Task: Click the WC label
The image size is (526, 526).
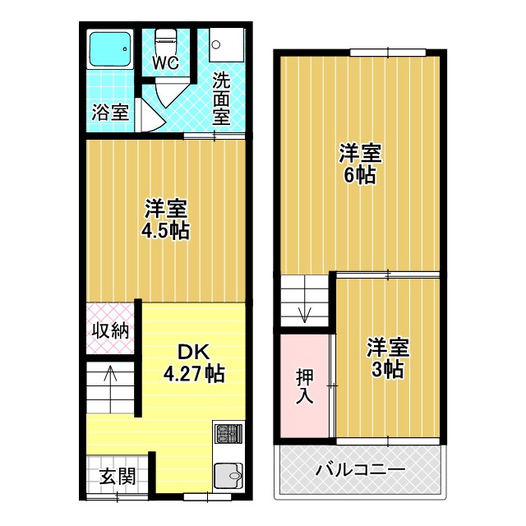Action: point(165,62)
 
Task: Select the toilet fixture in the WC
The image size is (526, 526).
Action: point(166,40)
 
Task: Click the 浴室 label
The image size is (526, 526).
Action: point(110,113)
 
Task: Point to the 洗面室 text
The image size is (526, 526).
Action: point(221,99)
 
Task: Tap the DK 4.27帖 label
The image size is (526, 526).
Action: point(194,362)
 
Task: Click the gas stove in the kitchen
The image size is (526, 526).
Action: point(228,433)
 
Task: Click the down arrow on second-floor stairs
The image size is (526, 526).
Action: point(305,312)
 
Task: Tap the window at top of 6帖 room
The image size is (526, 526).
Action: point(381,53)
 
